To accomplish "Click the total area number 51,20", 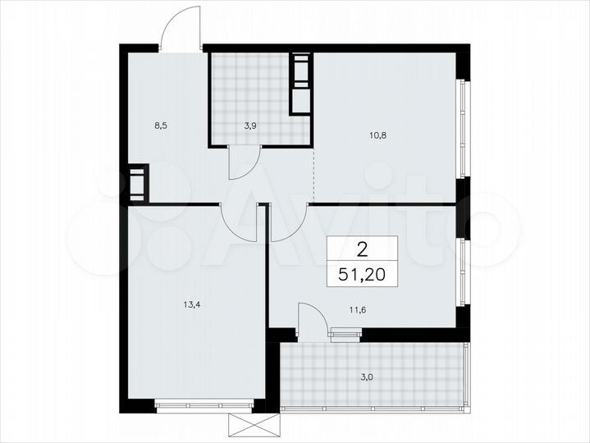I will click(363, 272).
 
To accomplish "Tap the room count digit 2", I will click(362, 247).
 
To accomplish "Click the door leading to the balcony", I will click(310, 320).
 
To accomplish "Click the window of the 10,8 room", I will click(462, 128).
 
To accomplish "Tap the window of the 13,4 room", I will click(204, 403).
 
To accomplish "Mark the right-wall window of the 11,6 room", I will click(462, 271).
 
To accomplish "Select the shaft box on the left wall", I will click(137, 182).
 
